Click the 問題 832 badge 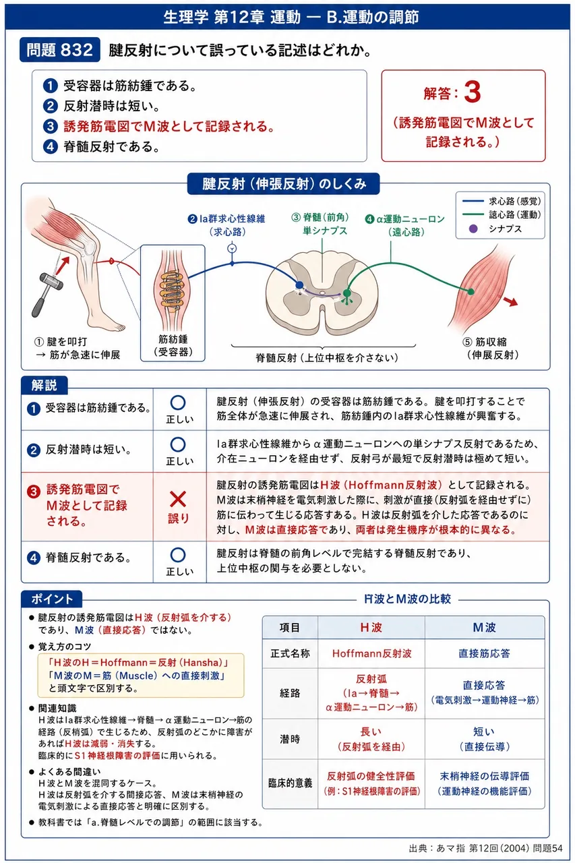(x=60, y=50)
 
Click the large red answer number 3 (x=472, y=92)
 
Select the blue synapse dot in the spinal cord (x=299, y=285)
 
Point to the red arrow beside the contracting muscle (x=510, y=301)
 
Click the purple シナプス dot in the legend (x=473, y=229)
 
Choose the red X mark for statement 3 (x=178, y=500)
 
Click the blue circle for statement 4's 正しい (x=177, y=555)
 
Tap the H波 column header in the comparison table (x=371, y=628)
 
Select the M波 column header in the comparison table (x=484, y=628)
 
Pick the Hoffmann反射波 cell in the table (x=371, y=653)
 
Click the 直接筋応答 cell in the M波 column (x=484, y=653)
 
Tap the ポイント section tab (x=52, y=599)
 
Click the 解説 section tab (x=44, y=385)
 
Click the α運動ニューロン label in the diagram (x=405, y=219)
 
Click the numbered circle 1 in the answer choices (x=50, y=86)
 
